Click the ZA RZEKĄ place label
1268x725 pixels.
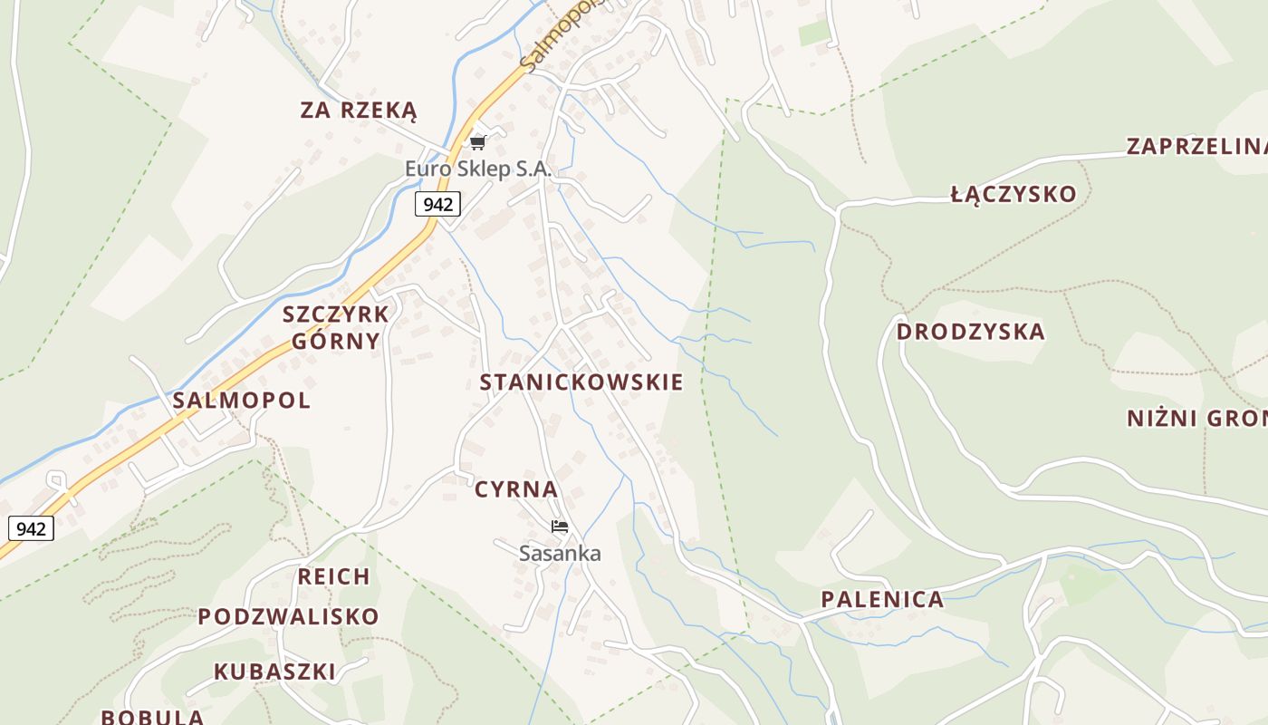click(x=359, y=111)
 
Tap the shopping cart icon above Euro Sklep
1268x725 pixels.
click(x=477, y=142)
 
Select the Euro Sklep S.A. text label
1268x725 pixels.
click(x=477, y=169)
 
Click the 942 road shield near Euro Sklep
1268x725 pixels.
click(x=437, y=204)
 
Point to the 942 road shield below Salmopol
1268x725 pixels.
click(x=31, y=528)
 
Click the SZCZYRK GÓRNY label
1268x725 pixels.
click(x=335, y=328)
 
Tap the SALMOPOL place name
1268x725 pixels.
click(x=241, y=401)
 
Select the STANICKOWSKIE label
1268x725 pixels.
click(x=581, y=382)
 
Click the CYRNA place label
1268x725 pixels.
click(x=516, y=489)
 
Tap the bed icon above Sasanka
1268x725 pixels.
click(x=560, y=527)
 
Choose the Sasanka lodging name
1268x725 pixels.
click(x=560, y=553)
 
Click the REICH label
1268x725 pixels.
click(x=333, y=576)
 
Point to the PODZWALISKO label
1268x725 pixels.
click(x=288, y=617)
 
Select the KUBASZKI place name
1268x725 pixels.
click(x=274, y=672)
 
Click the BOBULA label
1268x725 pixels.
click(x=152, y=716)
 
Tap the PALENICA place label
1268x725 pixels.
click(x=881, y=599)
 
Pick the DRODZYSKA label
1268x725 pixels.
click(x=970, y=332)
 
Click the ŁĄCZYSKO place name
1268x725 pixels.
click(x=1013, y=194)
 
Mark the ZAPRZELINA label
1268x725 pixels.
click(x=1196, y=146)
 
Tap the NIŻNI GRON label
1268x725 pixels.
click(x=1196, y=419)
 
